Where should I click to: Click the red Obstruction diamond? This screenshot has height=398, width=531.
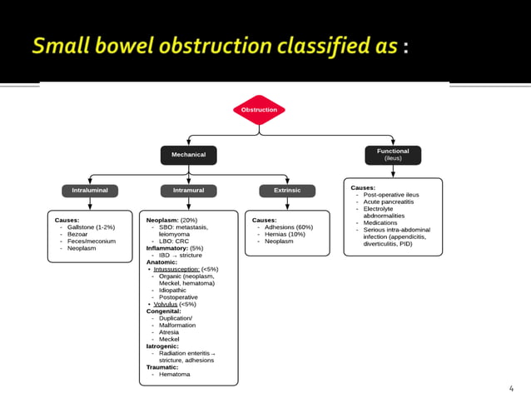259,110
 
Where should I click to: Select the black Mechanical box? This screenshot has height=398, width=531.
188,155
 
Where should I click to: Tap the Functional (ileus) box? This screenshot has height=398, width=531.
393,154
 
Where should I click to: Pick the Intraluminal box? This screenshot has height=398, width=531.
89,191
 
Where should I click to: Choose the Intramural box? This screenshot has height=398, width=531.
188,191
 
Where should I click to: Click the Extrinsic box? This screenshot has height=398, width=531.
287,191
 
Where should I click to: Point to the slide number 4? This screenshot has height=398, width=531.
511,388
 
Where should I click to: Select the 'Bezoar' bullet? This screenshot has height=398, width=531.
78,234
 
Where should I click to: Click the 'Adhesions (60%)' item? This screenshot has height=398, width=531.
288,227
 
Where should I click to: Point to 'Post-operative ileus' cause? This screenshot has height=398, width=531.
391,195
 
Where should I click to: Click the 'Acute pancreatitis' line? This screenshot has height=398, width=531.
389,202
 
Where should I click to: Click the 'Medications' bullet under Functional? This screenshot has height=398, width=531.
380,222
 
